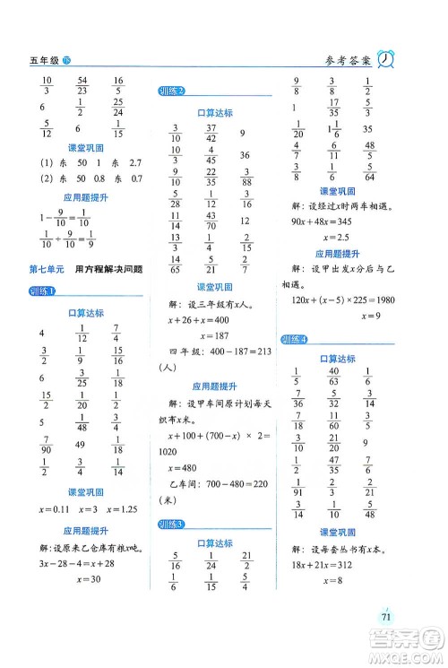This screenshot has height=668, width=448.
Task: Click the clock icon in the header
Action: click(x=388, y=59)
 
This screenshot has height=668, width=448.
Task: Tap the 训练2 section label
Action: click(x=170, y=91)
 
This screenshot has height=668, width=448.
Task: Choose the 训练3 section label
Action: click(x=170, y=524)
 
